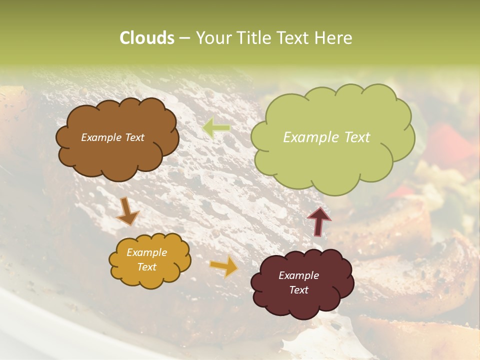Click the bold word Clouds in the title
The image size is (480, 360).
point(146,38)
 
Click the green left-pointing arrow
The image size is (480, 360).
point(216,128)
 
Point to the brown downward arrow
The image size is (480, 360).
point(127,210)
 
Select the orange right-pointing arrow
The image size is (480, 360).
point(223,266)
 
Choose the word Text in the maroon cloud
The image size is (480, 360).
point(298,290)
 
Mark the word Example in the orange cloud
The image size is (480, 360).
point(146,252)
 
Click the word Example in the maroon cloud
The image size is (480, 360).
point(298,275)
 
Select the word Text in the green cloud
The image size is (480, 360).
point(357,137)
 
